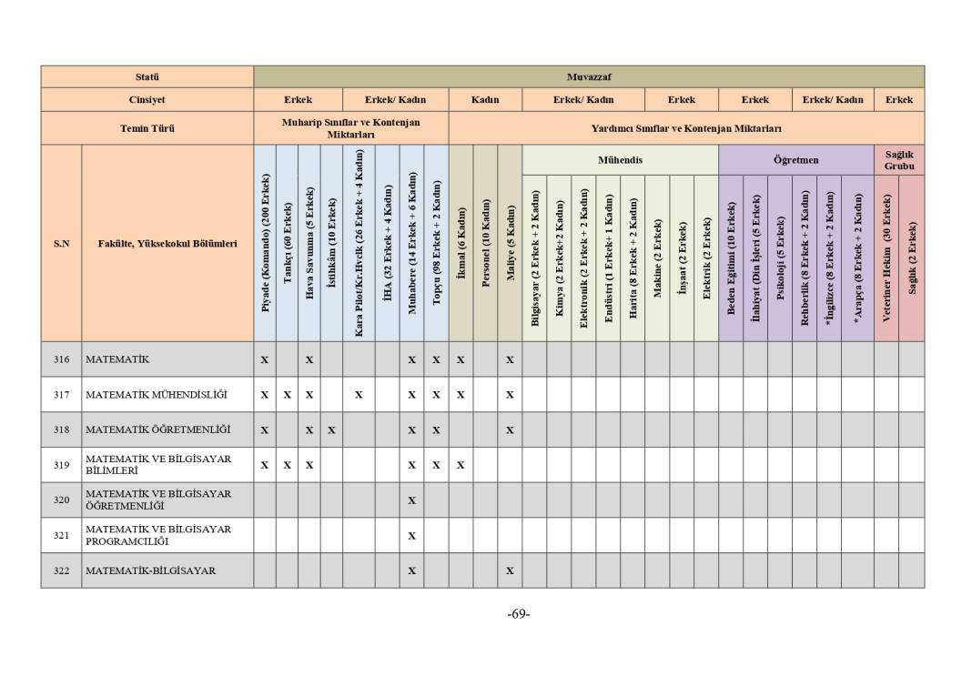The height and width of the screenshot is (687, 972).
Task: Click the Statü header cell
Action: tap(147, 76)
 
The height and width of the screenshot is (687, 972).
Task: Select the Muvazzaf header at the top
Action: tap(588, 76)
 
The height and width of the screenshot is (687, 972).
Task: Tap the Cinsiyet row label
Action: tap(147, 99)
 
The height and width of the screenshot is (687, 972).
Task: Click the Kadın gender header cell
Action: tap(485, 99)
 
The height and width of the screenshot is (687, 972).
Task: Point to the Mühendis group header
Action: tap(620, 159)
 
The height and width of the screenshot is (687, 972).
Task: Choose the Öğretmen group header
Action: tap(795, 159)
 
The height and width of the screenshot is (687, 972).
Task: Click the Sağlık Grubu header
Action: tap(898, 160)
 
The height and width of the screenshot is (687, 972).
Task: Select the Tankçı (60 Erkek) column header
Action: tap(288, 243)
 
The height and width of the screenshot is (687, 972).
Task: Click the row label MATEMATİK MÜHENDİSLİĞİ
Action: tap(157, 395)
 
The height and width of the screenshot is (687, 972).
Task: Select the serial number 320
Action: tap(61, 500)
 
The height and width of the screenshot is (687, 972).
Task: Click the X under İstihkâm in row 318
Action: tap(331, 429)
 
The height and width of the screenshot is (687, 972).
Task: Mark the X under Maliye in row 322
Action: tap(510, 571)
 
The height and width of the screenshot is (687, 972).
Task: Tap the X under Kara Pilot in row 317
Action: tap(359, 395)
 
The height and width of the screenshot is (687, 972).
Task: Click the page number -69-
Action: tap(519, 613)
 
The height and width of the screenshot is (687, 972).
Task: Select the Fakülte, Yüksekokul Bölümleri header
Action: tap(167, 243)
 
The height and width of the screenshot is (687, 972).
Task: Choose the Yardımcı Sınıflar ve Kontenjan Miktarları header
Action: tap(686, 128)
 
